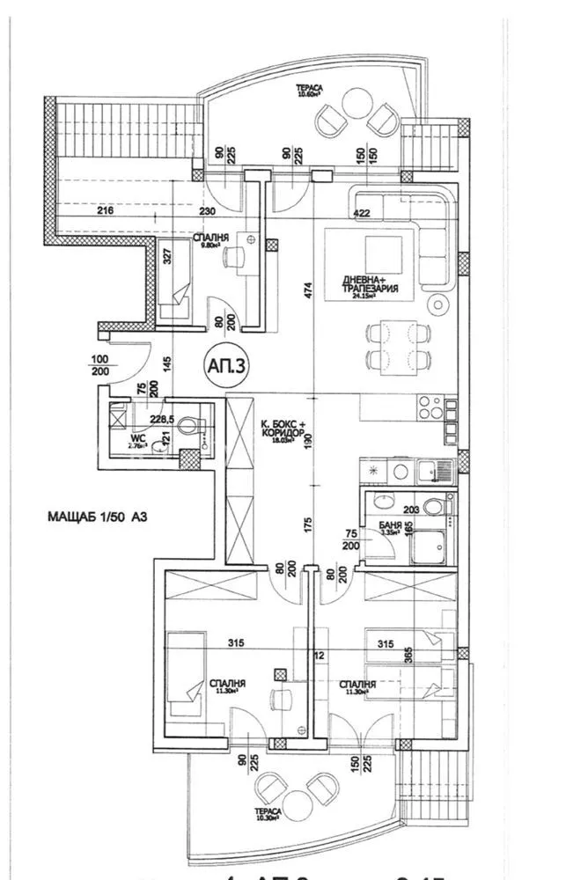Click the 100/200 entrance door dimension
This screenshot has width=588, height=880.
[x=99, y=366]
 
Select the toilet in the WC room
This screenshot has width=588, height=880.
[x=187, y=427]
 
